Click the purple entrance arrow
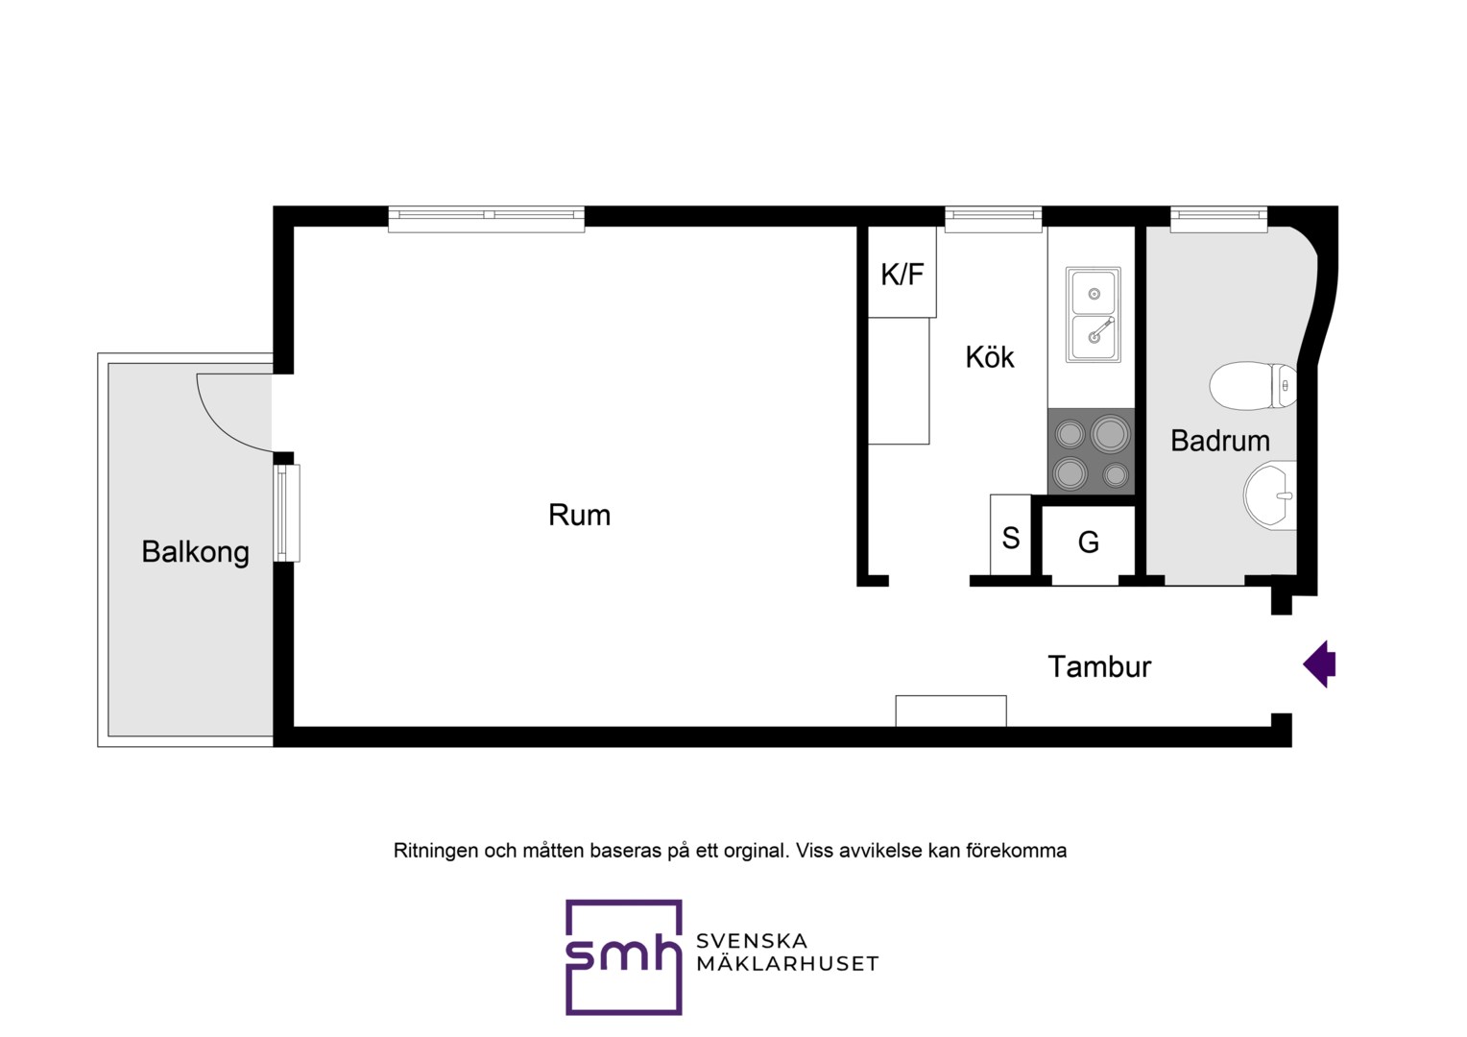point(1319,663)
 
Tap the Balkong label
point(195,552)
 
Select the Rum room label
point(579,515)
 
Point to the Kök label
point(990,357)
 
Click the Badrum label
point(1220,441)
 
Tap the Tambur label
point(1099,666)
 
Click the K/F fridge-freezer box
point(902,273)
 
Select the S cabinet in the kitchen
point(1011,534)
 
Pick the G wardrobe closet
point(1088,542)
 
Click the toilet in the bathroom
point(1252,386)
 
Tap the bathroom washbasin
point(1270,494)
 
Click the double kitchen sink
point(1093,314)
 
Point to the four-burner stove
point(1091,451)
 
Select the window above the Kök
point(993,220)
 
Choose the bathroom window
point(1218,220)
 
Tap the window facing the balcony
point(286,513)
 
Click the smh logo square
point(623,957)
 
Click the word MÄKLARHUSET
point(787,963)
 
